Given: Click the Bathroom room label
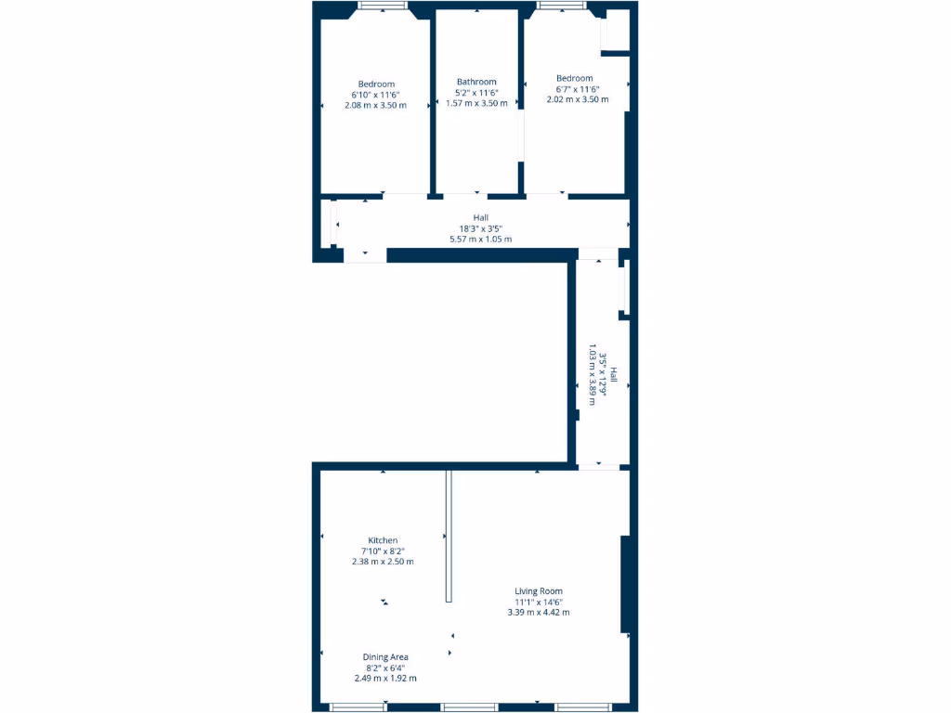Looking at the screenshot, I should pyautogui.click(x=476, y=82).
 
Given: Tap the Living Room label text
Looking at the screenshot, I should pyautogui.click(x=539, y=590).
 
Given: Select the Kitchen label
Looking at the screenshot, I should pyautogui.click(x=383, y=540).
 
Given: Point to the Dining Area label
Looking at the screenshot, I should pyautogui.click(x=385, y=656).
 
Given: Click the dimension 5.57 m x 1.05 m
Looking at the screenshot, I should pyautogui.click(x=480, y=239).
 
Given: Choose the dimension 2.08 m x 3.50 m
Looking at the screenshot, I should pyautogui.click(x=375, y=105).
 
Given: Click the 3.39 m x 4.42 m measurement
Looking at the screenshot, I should pyautogui.click(x=539, y=612).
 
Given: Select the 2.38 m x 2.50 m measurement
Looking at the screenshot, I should pyautogui.click(x=383, y=562).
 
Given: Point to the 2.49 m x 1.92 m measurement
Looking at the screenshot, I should pyautogui.click(x=385, y=678).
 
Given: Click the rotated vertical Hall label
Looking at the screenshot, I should pyautogui.click(x=613, y=381).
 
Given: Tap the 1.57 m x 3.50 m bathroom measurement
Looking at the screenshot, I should pyautogui.click(x=476, y=103).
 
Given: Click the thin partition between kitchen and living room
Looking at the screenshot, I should pyautogui.click(x=449, y=535).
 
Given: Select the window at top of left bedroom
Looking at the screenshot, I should pyautogui.click(x=383, y=6).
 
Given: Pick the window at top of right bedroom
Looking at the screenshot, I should pyautogui.click(x=561, y=6).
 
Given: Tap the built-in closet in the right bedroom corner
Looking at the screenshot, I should pyautogui.click(x=615, y=33).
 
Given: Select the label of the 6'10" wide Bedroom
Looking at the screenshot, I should pyautogui.click(x=376, y=84).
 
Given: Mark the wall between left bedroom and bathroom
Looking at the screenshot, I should pyautogui.click(x=433, y=102).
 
